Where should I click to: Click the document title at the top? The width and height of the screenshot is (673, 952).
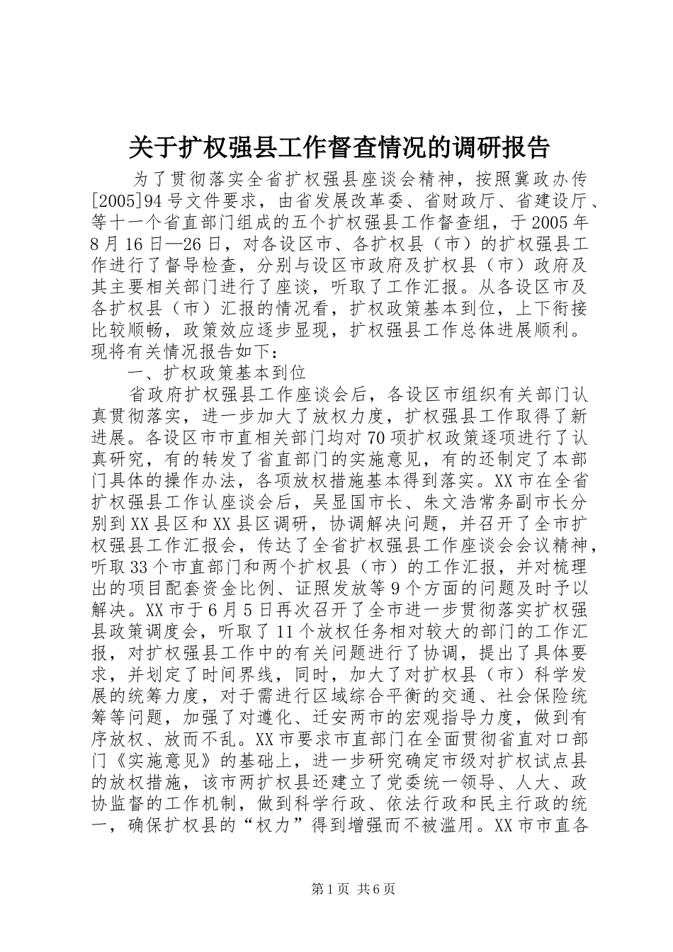pyautogui.click(x=339, y=147)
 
